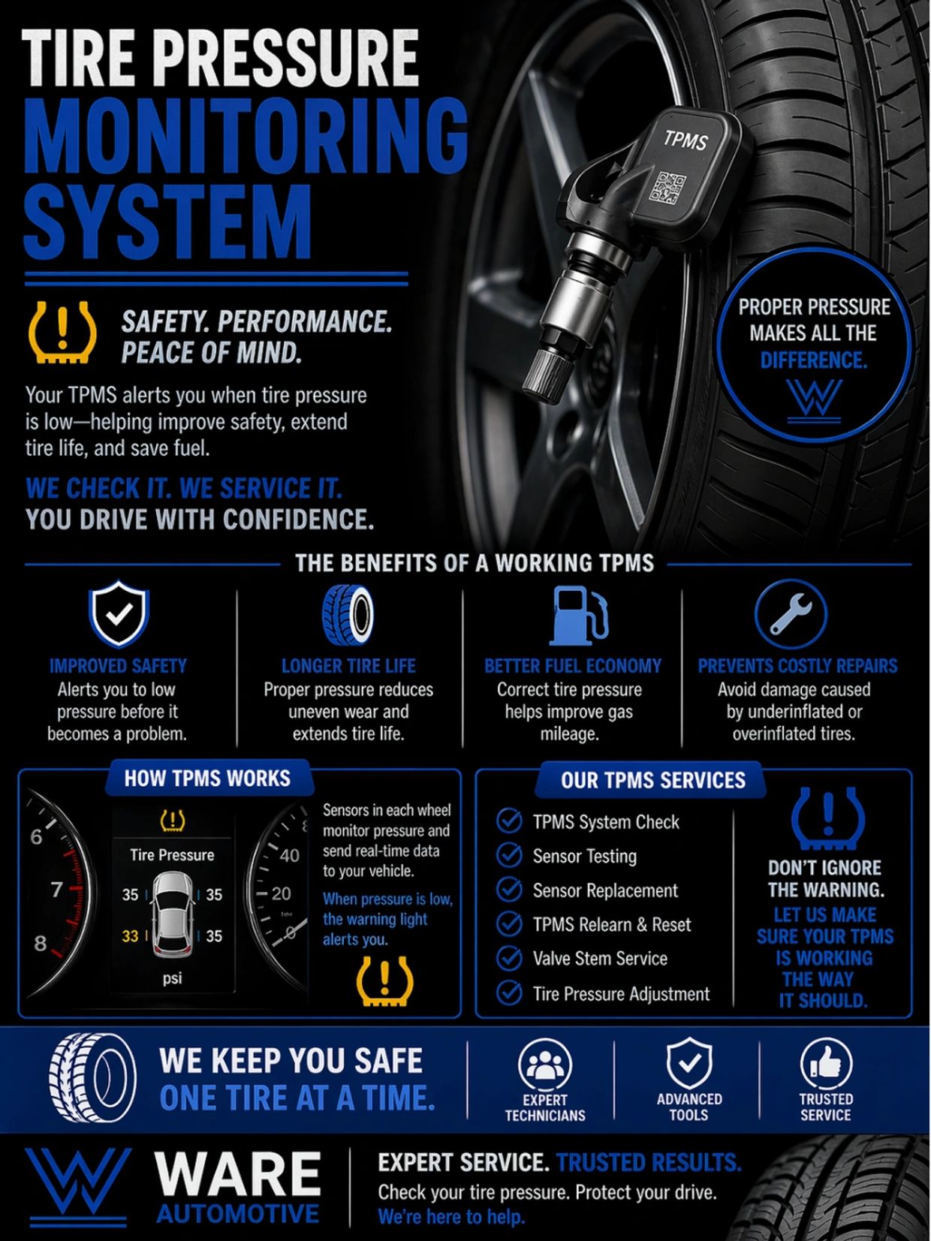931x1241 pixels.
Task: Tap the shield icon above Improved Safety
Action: (119, 613)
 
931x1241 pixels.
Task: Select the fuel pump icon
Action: (578, 615)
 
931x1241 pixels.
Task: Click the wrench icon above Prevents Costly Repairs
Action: (791, 613)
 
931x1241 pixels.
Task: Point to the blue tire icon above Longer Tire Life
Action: (348, 615)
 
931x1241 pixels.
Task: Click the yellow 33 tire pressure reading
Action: (130, 936)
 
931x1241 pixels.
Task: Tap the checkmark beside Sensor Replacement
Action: (509, 890)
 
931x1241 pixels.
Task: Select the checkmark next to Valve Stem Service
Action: (509, 958)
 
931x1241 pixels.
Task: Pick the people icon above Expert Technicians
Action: (544, 1065)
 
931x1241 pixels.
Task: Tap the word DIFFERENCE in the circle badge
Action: (813, 360)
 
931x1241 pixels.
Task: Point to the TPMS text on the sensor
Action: (685, 140)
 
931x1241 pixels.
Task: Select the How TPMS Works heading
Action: (207, 779)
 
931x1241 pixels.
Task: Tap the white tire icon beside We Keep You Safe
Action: (92, 1078)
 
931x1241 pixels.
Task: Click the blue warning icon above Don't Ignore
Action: (827, 819)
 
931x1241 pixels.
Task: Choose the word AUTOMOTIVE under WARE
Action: (237, 1213)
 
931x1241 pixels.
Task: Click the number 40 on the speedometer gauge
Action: (289, 855)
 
